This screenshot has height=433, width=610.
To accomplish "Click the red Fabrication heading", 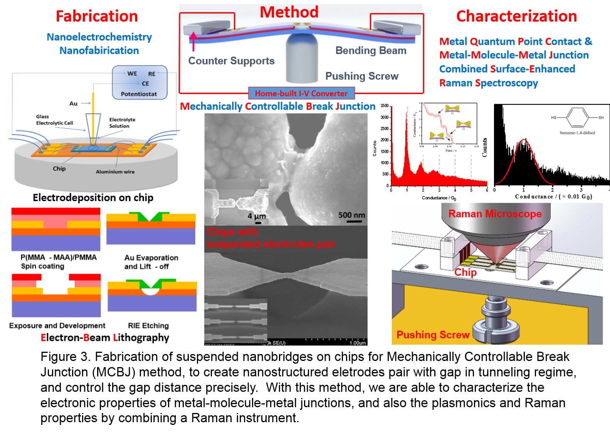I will tap(97, 16).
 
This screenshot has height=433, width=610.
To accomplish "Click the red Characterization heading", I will tap(516, 16).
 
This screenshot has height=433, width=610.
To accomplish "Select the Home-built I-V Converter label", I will tap(301, 93).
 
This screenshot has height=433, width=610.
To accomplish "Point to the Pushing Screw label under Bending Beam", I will tap(362, 76).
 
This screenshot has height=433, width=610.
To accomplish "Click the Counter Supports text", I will tap(231, 61).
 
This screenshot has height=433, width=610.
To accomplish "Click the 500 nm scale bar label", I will tap(351, 215).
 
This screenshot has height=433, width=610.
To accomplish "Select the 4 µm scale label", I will tap(257, 216).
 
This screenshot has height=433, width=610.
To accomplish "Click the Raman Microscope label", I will tap(495, 214).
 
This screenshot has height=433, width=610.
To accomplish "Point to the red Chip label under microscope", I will tap(465, 272).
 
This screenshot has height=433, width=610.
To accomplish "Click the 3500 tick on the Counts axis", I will tap(385, 106).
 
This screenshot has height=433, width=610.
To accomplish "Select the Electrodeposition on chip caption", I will tap(93, 198).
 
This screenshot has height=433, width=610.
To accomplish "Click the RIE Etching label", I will tap(148, 326).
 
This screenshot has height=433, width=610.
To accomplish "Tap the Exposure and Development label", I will tap(57, 326).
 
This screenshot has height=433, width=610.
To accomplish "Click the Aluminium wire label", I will tap(115, 172).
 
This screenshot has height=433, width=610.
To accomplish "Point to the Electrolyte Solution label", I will tap(122, 123).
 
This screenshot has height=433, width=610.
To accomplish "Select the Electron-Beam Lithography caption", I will tap(105, 337).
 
